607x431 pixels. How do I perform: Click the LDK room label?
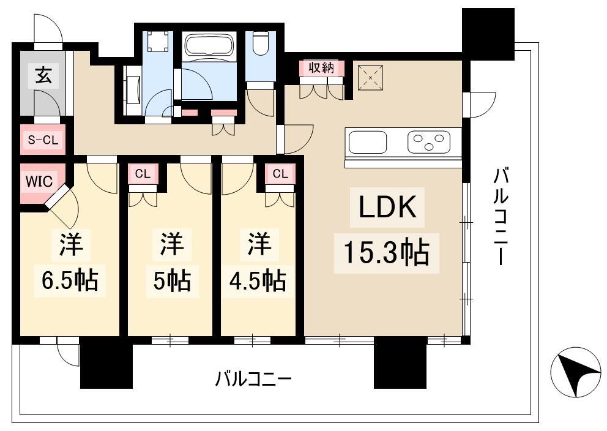coord(387,207)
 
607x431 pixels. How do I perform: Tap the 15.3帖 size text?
coord(386,253)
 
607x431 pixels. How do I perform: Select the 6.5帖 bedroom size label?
coord(70,280)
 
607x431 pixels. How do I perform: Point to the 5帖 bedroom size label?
coord(173,280)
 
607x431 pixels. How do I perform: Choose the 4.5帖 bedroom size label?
coord(258,280)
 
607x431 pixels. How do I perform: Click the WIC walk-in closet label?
coord(39,181)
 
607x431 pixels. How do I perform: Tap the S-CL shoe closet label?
coord(43,140)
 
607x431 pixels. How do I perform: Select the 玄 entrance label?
coord(43,75)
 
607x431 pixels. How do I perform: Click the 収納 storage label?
coord(321,68)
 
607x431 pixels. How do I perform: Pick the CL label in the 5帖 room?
coord(143,174)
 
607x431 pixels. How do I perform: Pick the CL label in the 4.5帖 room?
coord(280,174)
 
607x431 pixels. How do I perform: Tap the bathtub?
coord(209,45)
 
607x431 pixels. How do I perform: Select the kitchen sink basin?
coord(368,142)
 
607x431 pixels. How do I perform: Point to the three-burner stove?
coord(428,142)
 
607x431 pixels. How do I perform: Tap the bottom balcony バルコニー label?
coord(253,379)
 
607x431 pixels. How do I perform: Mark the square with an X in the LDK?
coord(370,78)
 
